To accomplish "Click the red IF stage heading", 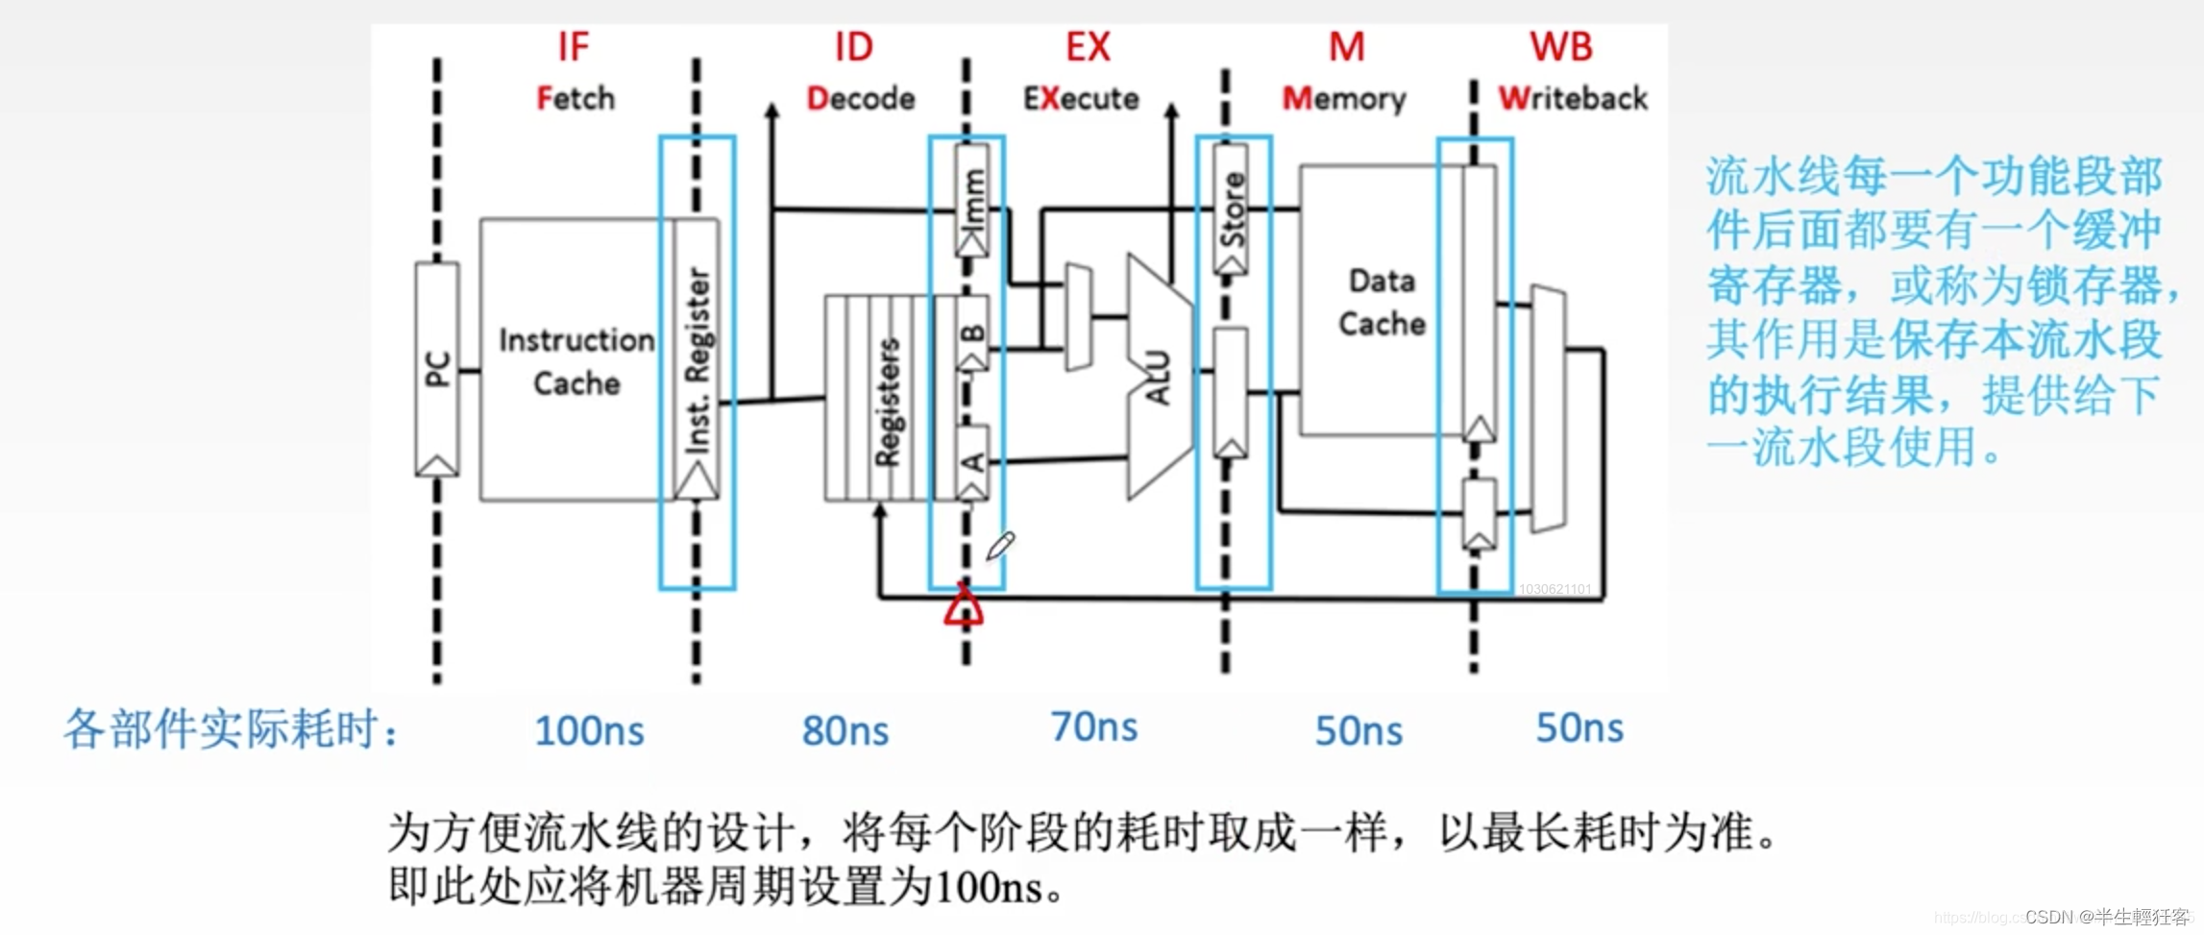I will (573, 46).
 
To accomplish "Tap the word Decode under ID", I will (860, 98).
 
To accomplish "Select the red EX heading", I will (1088, 46).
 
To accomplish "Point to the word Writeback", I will (1572, 98).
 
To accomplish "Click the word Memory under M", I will (1343, 98).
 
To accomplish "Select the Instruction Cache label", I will (575, 361).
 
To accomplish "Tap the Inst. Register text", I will (698, 360).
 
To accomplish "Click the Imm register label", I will (972, 197).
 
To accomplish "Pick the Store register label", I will (1232, 209).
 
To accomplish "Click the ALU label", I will (1158, 377).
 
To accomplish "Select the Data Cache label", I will (1382, 302).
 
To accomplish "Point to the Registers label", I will (887, 402).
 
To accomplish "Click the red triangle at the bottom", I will (963, 607).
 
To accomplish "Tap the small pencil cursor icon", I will (1000, 546).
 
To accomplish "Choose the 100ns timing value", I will (589, 731).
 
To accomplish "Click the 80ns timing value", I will (845, 731).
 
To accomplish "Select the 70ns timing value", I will (1093, 727).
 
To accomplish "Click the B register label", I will (972, 333).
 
